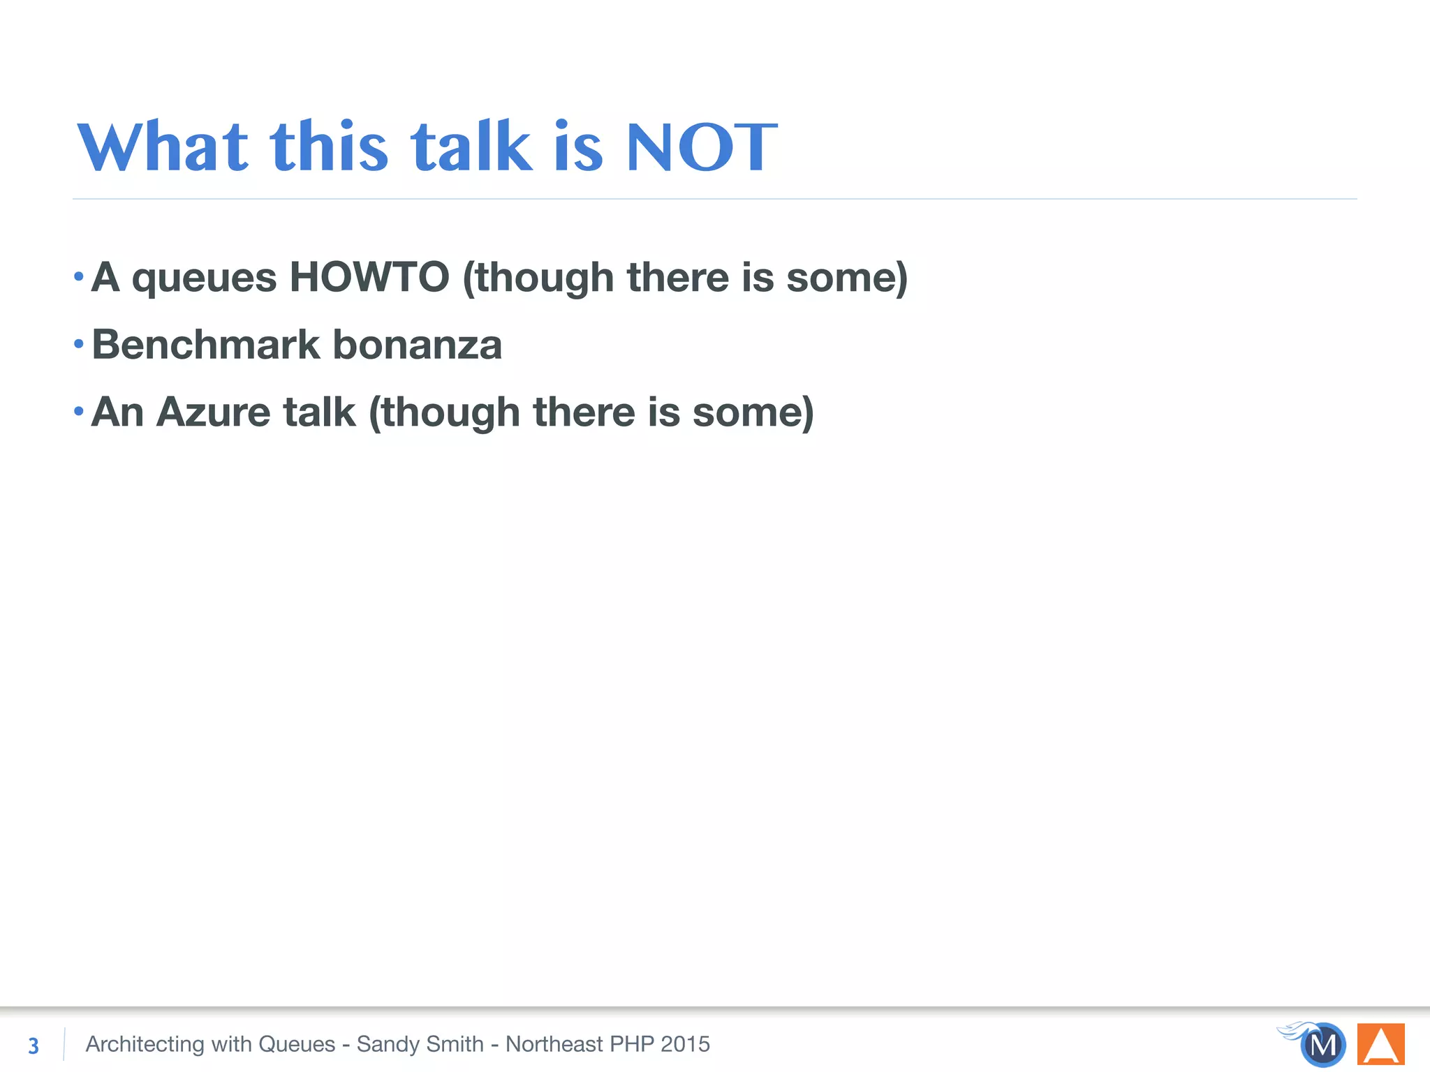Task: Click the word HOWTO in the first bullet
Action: pos(369,277)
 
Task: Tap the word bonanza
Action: pos(417,345)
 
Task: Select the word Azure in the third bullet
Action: pos(212,412)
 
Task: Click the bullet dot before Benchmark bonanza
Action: pos(79,343)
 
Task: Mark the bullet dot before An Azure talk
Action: pos(79,410)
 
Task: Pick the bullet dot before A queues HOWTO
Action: pos(79,276)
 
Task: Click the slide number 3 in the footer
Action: pos(34,1045)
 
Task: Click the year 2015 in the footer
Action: pos(685,1044)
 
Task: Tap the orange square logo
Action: pos(1380,1044)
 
